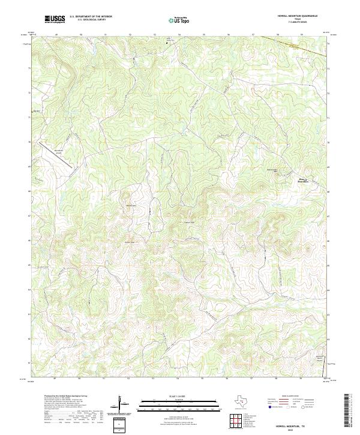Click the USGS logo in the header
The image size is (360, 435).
tap(55, 19)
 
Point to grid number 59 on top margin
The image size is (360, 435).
tap(302, 35)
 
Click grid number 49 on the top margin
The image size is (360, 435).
tap(56, 35)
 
